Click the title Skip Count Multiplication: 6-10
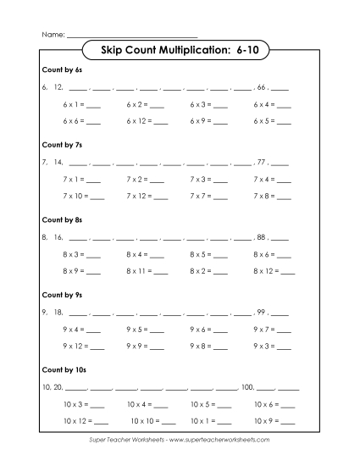point(179,52)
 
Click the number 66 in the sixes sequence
point(261,87)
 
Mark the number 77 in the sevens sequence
point(261,162)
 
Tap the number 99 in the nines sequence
point(261,311)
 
